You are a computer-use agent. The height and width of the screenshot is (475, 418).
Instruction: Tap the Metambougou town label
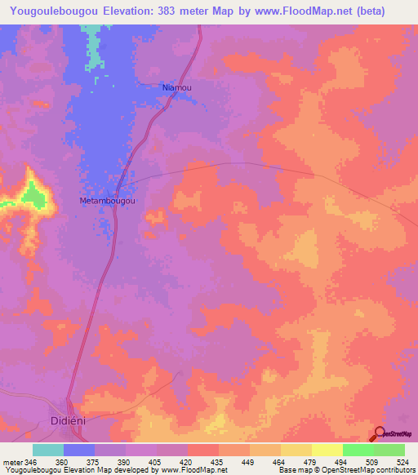click(x=107, y=200)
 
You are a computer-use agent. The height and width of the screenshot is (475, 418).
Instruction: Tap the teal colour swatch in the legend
click(x=48, y=450)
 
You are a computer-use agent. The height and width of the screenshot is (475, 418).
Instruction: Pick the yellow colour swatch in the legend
click(x=327, y=450)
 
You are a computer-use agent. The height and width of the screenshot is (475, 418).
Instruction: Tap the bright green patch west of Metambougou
click(x=33, y=193)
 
